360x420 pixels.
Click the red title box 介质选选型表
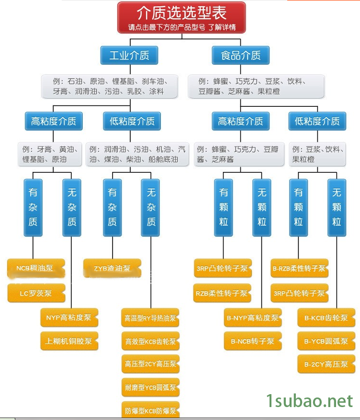tap(181, 17)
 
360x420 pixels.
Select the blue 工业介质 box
tap(129, 55)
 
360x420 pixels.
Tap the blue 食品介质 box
tap(240, 55)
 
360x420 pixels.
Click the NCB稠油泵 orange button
tap(36, 268)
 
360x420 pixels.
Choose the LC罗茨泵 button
tap(36, 293)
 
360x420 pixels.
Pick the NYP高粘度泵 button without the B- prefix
tap(69, 318)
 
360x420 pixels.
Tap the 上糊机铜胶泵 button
tap(69, 341)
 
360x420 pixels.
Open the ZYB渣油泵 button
tap(112, 268)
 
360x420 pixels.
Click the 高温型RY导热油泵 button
tap(150, 318)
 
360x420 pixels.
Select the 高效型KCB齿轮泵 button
tap(150, 341)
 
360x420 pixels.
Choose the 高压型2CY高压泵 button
tap(150, 364)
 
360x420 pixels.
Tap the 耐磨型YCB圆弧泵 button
tap(150, 387)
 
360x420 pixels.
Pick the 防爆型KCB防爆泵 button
tap(150, 410)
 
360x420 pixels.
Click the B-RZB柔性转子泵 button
tap(299, 268)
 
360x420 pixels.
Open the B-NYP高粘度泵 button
tap(253, 318)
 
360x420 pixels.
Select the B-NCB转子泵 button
tap(253, 341)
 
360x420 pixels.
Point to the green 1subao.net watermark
tap(309, 400)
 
